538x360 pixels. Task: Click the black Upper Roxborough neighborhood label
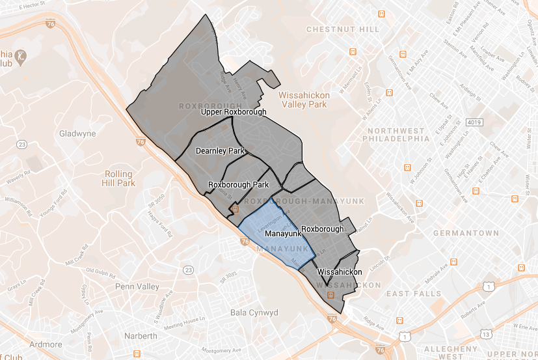(x=234, y=112)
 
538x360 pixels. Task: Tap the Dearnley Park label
(x=220, y=151)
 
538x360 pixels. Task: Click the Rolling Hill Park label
(x=118, y=178)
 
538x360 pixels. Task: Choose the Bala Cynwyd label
(x=254, y=313)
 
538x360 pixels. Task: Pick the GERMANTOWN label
(x=470, y=233)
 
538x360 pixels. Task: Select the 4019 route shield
(x=474, y=122)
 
